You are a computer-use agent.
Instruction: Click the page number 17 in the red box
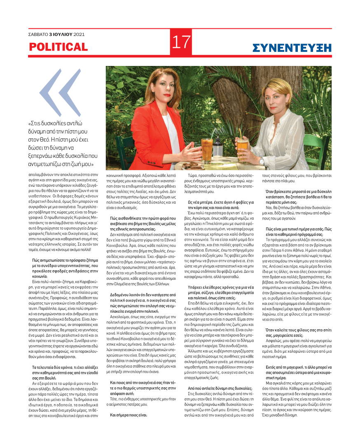coord(180,42)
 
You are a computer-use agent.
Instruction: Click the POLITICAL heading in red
coord(58,47)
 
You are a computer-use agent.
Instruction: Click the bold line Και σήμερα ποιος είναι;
coord(129,415)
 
